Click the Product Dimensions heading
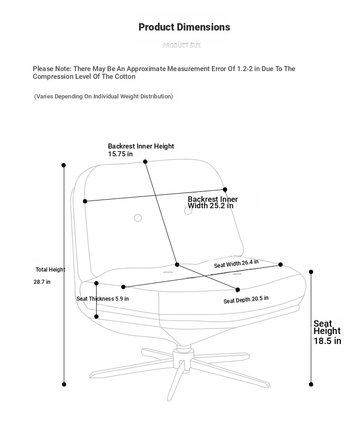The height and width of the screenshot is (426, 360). [x=184, y=27]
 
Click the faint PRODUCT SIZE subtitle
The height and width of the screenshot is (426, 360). [x=182, y=45]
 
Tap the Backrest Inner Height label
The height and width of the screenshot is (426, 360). [x=141, y=146]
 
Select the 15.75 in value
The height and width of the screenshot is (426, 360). [x=120, y=154]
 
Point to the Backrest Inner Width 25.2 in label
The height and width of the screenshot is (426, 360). [x=212, y=202]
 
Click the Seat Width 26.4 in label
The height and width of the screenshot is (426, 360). [x=236, y=263]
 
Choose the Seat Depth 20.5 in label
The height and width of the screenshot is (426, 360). [x=246, y=299]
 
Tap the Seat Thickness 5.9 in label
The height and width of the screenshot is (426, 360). [x=103, y=299]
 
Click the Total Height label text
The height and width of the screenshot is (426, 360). [x=50, y=270]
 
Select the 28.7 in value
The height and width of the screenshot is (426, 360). [x=42, y=282]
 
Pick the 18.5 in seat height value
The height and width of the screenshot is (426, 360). [x=327, y=341]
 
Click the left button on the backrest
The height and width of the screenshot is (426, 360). [x=138, y=218]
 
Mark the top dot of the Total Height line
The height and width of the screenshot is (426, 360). [x=64, y=165]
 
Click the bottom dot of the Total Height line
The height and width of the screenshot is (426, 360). [x=64, y=384]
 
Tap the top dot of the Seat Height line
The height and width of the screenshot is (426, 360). [x=311, y=272]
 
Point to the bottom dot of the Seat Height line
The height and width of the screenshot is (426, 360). [x=311, y=384]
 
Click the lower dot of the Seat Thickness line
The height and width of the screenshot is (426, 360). [x=97, y=316]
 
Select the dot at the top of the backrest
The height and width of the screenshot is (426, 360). [x=145, y=162]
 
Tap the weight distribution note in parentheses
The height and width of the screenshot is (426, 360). [x=104, y=97]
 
